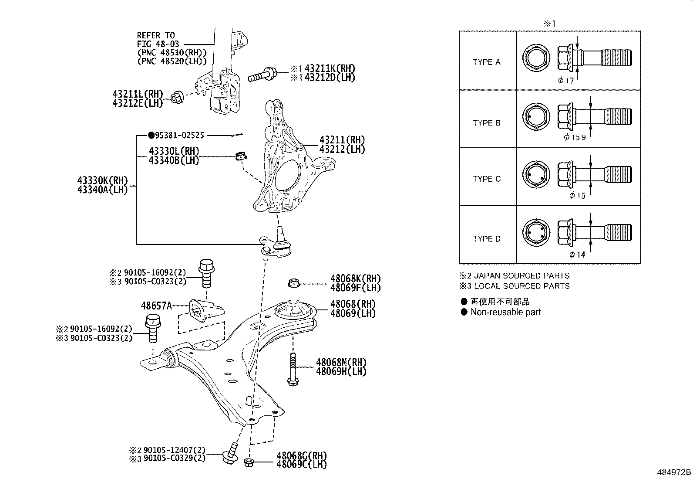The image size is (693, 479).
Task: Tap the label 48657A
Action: (156, 306)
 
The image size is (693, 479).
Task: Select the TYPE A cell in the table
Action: (487, 62)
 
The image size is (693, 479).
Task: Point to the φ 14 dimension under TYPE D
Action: (578, 255)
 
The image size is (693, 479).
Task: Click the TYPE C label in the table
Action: (487, 179)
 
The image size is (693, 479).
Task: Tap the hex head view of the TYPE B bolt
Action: (535, 118)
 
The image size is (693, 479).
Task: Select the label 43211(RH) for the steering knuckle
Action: (342, 140)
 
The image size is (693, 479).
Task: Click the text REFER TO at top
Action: (155, 35)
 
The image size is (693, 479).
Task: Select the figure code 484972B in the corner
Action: (673, 472)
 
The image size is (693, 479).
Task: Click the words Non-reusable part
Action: (505, 312)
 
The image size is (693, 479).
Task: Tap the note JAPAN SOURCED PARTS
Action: (521, 275)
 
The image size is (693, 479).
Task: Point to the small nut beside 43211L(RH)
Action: (177, 97)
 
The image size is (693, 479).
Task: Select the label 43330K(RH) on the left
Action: (102, 180)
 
